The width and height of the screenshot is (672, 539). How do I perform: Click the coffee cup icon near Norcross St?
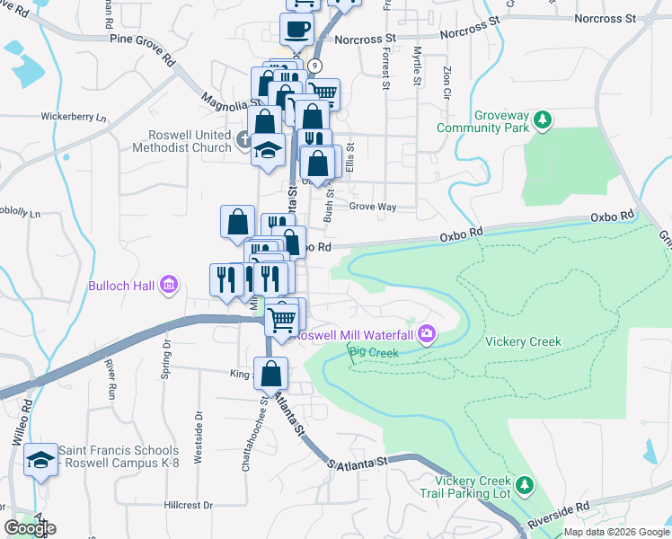[x=296, y=29]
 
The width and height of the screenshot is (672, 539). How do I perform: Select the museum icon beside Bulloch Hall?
[x=167, y=287]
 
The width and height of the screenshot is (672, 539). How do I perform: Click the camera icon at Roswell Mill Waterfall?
[x=426, y=334]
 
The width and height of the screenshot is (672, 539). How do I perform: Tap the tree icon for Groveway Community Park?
[x=542, y=119]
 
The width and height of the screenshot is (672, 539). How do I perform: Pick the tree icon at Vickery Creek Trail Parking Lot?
[x=526, y=485]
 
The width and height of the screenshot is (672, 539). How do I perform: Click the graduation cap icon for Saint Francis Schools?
[x=40, y=460]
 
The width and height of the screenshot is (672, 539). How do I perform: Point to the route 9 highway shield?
[x=314, y=66]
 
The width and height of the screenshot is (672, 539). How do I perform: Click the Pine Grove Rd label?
[x=143, y=49]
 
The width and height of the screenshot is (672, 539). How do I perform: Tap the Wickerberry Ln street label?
[x=73, y=117]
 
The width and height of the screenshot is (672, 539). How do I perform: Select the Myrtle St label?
[x=417, y=68]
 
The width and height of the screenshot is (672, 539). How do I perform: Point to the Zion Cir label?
[x=447, y=82]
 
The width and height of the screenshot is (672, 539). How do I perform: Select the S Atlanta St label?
[x=357, y=463]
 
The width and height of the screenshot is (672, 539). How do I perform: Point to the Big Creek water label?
[x=372, y=352]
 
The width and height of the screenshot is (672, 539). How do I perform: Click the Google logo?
[x=31, y=528]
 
